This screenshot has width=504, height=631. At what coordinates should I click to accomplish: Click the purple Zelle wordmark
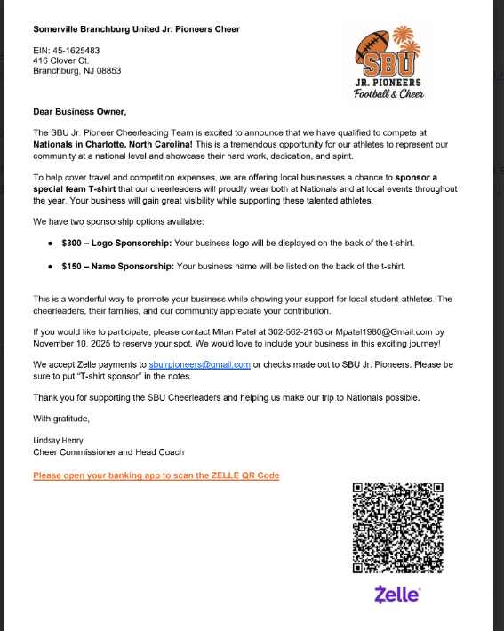pos(397,595)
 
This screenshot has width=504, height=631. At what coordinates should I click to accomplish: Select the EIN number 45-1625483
pos(74,50)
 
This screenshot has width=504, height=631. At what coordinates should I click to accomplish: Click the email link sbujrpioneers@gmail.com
pos(199,364)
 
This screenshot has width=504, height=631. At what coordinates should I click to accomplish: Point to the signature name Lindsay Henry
pos(59,439)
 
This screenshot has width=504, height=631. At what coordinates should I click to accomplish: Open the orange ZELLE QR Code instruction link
pos(156,475)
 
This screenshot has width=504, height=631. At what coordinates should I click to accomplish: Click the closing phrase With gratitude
pos(61,418)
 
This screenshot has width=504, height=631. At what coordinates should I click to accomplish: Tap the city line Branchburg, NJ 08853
pos(77,71)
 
